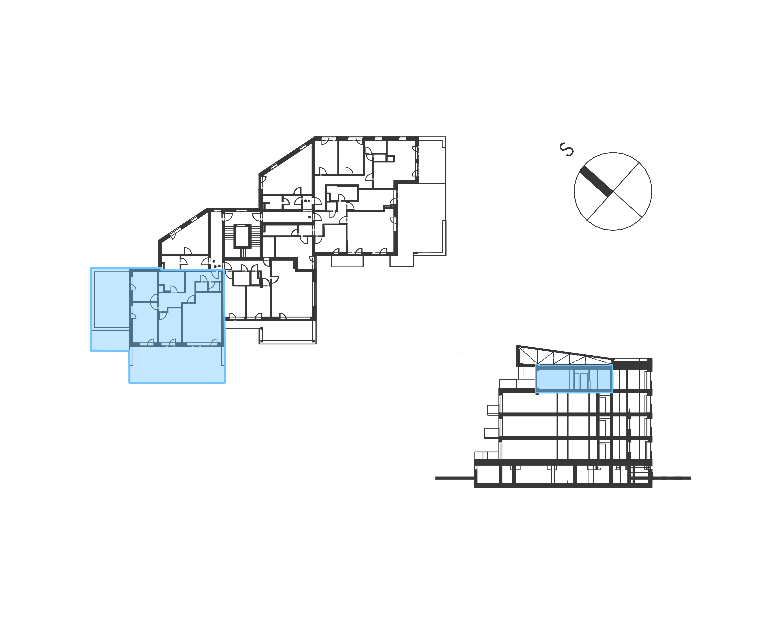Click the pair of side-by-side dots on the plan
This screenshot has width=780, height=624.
click(x=307, y=200)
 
